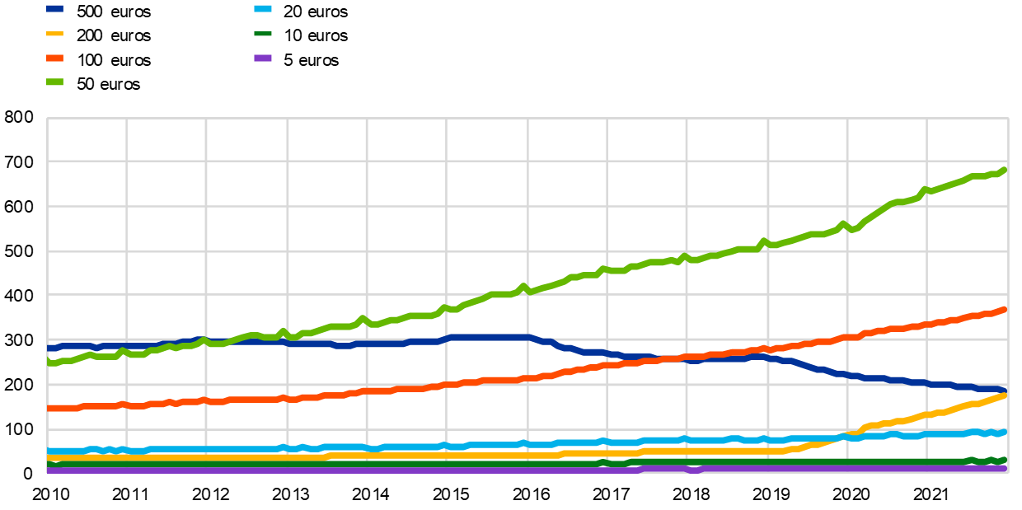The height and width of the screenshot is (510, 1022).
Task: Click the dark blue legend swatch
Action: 54,9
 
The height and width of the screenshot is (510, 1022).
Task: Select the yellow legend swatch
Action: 54,34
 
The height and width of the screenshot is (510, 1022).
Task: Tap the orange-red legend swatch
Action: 54,58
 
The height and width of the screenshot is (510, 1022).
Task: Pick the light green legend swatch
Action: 54,82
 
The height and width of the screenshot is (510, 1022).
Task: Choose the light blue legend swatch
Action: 263,9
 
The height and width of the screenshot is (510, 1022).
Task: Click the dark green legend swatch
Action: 263,34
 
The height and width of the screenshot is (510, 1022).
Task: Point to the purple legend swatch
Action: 263,58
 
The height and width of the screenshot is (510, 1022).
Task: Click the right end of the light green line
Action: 1005,170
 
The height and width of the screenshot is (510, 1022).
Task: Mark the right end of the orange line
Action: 1005,310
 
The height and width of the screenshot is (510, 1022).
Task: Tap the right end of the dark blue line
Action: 1005,389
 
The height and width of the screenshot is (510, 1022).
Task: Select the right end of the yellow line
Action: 1005,395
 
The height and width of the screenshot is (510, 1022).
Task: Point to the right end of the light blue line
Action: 1005,432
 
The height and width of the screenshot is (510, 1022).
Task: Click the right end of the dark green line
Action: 1005,460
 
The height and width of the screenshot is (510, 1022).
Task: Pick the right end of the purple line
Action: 1005,468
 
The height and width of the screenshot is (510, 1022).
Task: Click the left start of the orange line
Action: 49,408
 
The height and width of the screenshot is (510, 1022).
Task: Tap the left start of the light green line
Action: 49,363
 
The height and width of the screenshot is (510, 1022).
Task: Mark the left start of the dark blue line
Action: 49,348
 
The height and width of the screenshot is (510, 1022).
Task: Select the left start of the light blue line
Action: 49,451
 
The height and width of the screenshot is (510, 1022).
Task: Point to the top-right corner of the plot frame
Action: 1007,119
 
